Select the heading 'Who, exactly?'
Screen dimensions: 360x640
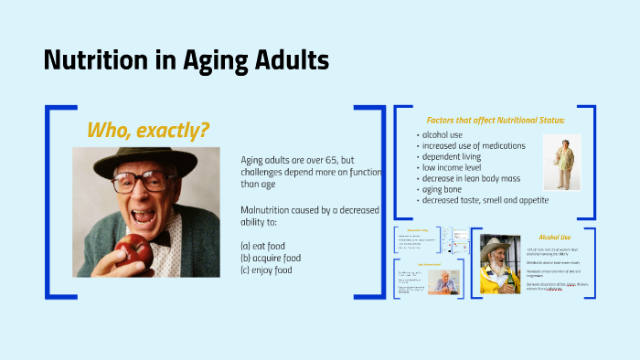tap(147, 130)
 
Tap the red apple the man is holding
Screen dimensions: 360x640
tap(138, 248)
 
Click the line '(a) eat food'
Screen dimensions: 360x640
tap(266, 246)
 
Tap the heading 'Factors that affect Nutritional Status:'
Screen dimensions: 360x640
tap(495, 120)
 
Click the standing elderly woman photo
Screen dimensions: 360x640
tap(561, 163)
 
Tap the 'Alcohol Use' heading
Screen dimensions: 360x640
tap(554, 236)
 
